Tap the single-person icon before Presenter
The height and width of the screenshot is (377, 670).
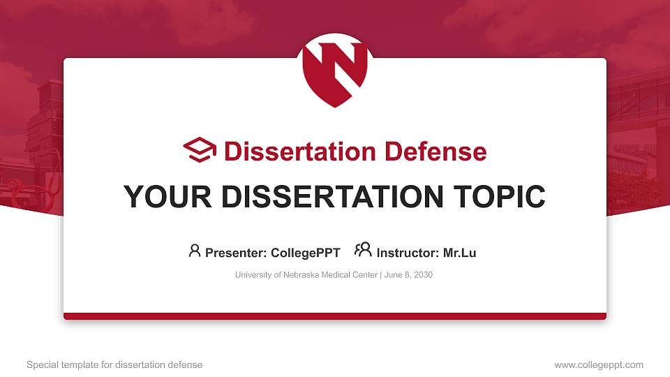[x=195, y=251]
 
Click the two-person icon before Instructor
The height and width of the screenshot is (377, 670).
[x=363, y=250]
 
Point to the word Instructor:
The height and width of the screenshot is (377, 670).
[x=408, y=253]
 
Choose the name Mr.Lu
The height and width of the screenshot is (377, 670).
[x=460, y=253]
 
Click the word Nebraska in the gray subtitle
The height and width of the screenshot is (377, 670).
[x=303, y=275]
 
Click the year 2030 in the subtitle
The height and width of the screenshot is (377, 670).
[x=423, y=275]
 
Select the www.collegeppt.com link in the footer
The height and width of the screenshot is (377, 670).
[x=599, y=365]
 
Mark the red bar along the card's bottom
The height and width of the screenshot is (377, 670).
[x=335, y=316]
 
